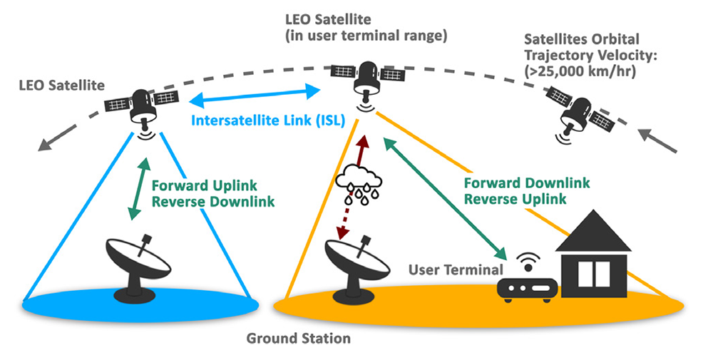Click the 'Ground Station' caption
pyautogui.click(x=299, y=339)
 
